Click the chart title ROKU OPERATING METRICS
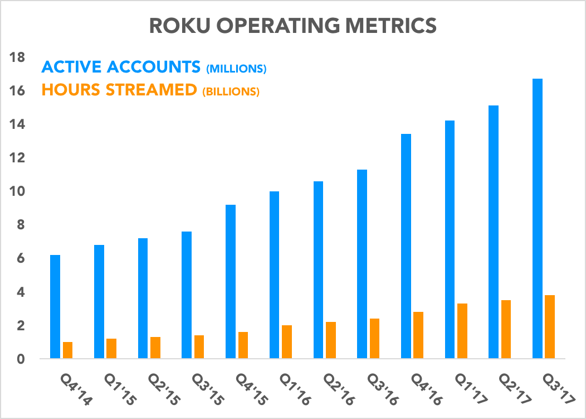point(292,26)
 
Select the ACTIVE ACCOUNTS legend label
point(121,68)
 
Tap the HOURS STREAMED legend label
point(119,90)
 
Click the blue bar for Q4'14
point(55,306)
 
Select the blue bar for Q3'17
point(538,218)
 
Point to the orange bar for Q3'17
point(550,326)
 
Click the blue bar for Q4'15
point(231,281)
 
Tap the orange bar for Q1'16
point(287,341)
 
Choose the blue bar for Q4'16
point(406,246)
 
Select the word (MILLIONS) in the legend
point(236,69)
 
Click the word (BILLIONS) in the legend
point(229,92)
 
